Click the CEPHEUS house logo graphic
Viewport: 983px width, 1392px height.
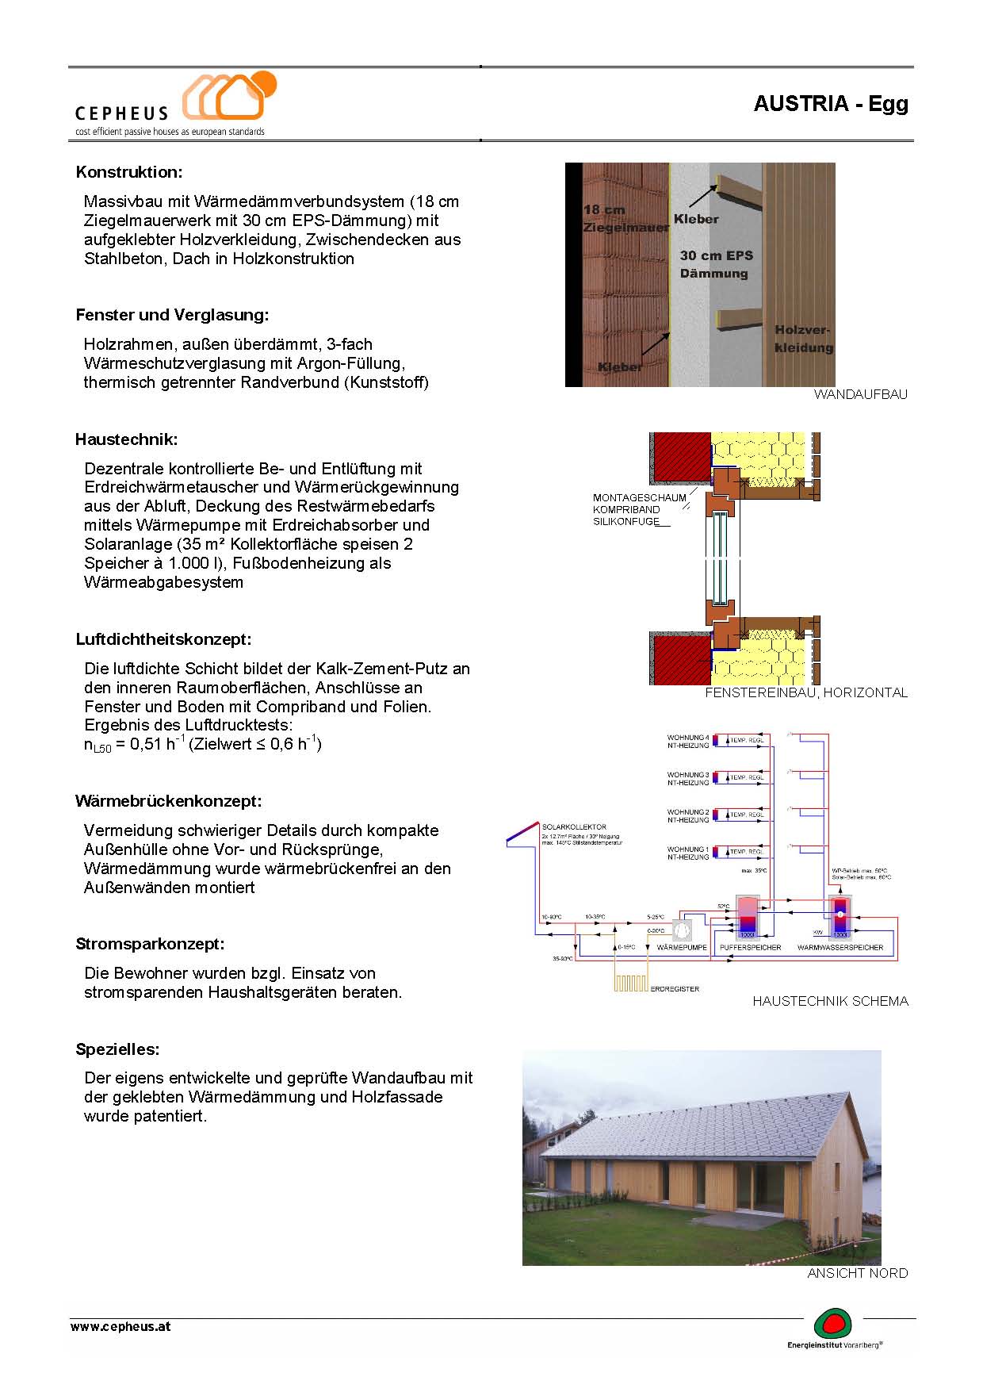(229, 97)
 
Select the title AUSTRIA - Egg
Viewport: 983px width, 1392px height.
(830, 104)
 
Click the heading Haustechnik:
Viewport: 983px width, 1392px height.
(127, 439)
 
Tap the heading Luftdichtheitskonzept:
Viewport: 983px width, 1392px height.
(163, 639)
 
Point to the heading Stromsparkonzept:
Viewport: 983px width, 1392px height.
(150, 944)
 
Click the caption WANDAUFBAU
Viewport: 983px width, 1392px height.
(860, 394)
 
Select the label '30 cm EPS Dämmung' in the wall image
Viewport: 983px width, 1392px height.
(716, 264)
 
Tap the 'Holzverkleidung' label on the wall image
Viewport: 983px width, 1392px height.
(803, 339)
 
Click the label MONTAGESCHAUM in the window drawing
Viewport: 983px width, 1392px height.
(639, 498)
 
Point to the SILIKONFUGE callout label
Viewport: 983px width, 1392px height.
(626, 522)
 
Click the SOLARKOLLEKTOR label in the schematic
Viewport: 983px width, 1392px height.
(574, 827)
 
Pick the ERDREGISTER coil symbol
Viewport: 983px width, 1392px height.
(631, 983)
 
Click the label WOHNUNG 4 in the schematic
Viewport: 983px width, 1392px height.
(687, 738)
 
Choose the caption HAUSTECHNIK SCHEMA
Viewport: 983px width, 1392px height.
(830, 1001)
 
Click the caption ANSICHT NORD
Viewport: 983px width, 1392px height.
(857, 1273)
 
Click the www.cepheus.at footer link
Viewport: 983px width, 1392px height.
(120, 1326)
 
